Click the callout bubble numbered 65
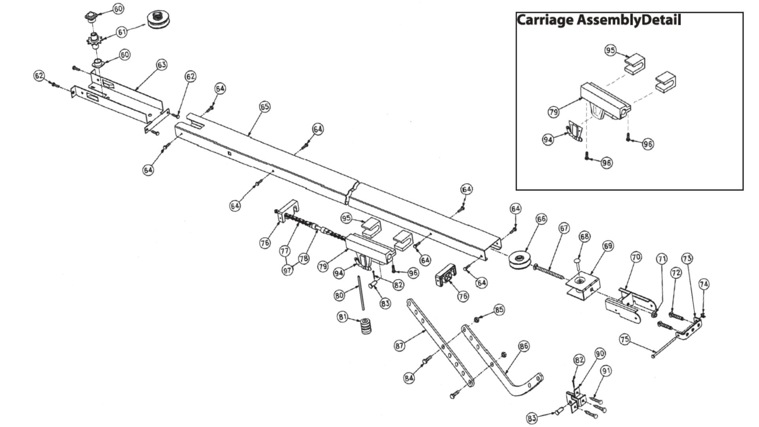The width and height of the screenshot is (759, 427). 264,107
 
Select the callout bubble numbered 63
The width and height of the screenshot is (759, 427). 162,64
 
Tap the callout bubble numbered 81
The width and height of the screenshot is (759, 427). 342,317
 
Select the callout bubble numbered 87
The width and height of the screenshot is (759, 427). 399,346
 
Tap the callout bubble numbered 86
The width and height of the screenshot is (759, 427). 523,346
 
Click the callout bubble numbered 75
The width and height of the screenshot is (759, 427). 625,340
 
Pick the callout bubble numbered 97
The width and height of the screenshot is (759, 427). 287,270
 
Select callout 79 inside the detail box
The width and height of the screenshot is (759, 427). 554,112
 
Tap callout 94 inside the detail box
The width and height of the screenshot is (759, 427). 548,140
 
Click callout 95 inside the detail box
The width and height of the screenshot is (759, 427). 610,51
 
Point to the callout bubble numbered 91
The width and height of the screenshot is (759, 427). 606,370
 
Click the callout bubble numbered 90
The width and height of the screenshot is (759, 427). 600,353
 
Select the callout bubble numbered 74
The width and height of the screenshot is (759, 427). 704,284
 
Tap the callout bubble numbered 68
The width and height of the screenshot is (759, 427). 584,236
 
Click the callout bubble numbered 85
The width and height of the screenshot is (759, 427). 499,309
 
